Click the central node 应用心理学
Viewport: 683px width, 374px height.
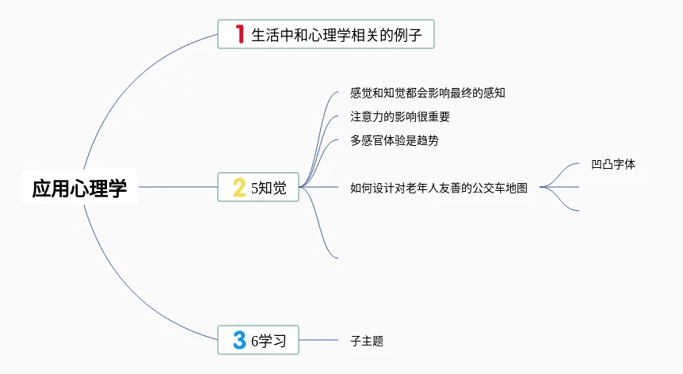(79, 189)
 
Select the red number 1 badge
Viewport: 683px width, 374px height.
(238, 35)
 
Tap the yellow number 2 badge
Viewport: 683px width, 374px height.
(238, 188)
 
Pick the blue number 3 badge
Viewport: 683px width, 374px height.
(238, 341)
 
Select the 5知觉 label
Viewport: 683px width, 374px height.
(268, 189)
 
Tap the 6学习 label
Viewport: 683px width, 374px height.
(268, 342)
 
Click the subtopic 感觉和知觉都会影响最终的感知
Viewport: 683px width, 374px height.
(428, 93)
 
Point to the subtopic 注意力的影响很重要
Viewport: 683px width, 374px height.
(400, 116)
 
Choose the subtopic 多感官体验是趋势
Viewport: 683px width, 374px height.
(394, 140)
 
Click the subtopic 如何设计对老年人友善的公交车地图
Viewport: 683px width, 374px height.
(439, 188)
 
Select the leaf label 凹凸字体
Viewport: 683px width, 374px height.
(613, 165)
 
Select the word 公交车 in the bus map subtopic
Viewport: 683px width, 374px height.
(490, 188)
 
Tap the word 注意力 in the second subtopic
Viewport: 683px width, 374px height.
(367, 116)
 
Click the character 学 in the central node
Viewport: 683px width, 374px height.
(117, 189)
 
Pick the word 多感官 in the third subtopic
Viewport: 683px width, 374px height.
(367, 140)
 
